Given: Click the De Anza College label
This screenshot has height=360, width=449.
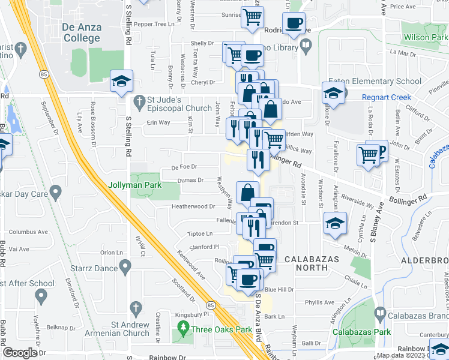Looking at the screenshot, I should click(x=81, y=33).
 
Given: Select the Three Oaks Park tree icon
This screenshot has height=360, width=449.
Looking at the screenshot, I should click(x=183, y=329).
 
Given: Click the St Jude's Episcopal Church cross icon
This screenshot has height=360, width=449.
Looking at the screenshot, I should click(x=139, y=100).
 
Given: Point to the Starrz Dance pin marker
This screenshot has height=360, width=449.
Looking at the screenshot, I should click(x=125, y=266).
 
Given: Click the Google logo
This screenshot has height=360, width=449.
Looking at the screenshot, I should click(x=19, y=353).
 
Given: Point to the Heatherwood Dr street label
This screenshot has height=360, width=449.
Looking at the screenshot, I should click(x=193, y=206).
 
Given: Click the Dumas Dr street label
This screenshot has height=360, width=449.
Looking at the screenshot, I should click(x=191, y=179).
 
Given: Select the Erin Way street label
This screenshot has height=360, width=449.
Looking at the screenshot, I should click(x=158, y=122).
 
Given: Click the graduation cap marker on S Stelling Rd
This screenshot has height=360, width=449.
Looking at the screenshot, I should click(x=121, y=82).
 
